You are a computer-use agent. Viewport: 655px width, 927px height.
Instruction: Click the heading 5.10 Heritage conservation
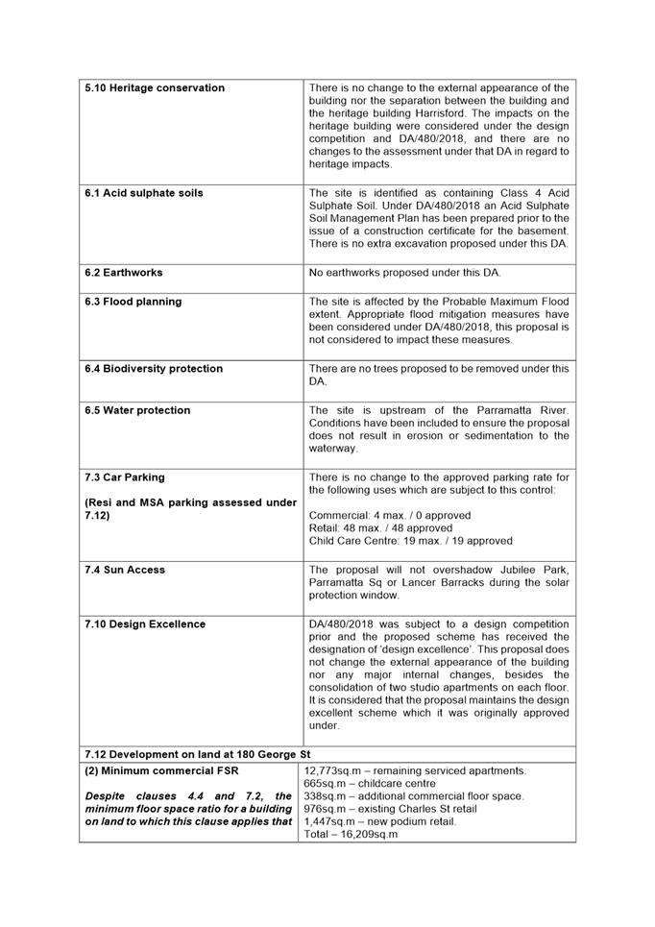click(x=155, y=88)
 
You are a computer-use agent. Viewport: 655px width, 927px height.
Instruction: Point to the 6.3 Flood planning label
click(x=133, y=302)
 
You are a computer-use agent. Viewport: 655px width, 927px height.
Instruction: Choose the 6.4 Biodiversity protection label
click(x=154, y=369)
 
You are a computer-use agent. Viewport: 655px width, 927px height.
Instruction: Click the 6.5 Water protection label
click(x=137, y=410)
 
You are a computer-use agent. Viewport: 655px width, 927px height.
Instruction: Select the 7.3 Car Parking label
click(x=125, y=477)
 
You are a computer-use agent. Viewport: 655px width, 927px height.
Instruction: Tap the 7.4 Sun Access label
click(x=125, y=570)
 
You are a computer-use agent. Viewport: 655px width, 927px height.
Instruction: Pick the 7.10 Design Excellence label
click(x=145, y=624)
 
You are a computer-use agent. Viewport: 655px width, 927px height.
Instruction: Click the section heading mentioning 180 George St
click(x=198, y=754)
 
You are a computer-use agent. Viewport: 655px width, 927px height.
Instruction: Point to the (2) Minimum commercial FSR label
click(x=161, y=770)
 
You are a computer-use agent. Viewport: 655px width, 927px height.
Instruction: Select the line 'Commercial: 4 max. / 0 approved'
click(x=390, y=516)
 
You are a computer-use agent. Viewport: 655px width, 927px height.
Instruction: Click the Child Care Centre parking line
click(x=411, y=541)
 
